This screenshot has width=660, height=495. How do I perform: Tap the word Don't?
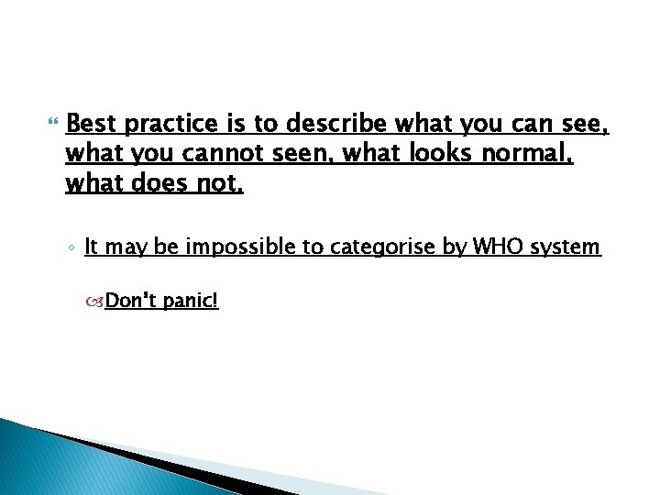(x=132, y=301)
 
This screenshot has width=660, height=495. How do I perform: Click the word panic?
(x=192, y=301)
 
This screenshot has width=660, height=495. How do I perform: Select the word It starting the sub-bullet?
(x=92, y=246)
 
